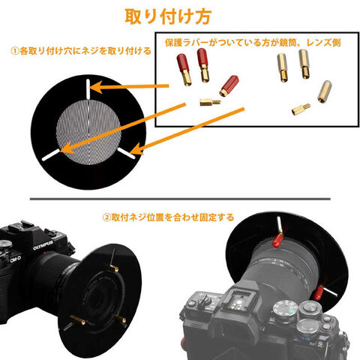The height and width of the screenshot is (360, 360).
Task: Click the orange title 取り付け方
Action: tap(168, 16)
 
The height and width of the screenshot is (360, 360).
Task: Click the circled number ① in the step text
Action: tap(15, 51)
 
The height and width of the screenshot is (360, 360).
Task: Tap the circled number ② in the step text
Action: tap(106, 217)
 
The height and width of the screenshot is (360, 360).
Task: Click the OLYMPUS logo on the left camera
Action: tap(43, 245)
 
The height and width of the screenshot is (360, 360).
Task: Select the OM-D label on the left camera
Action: tap(16, 259)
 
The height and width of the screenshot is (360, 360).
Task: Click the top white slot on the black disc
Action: tap(88, 88)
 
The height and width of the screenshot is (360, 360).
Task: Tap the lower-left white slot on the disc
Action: tap(51, 155)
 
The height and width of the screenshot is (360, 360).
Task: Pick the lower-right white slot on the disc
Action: tap(127, 153)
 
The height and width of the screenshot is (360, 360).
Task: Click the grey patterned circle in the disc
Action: tap(88, 132)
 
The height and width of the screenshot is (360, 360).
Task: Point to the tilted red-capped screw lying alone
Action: tap(229, 85)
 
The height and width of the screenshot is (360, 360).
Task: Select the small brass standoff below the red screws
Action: tap(210, 102)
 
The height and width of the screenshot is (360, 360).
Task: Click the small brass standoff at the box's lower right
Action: tap(301, 109)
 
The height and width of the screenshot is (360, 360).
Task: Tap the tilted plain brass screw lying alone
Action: tap(325, 91)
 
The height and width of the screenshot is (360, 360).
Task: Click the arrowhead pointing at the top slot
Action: tap(96, 87)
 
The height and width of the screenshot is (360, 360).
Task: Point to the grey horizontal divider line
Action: tap(180, 199)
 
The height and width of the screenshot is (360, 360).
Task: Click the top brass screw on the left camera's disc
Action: tap(114, 268)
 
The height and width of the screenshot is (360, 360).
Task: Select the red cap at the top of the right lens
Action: tap(277, 240)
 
